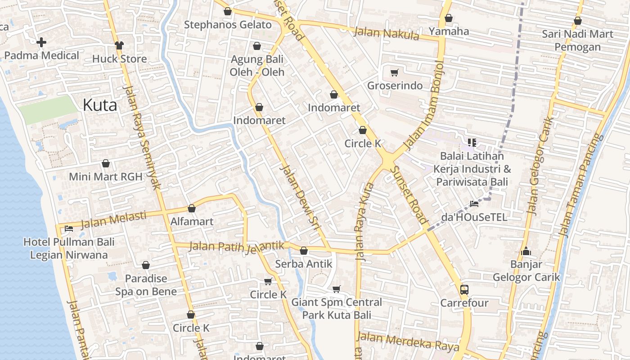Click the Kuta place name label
(100, 105)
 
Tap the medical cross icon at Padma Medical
(41, 42)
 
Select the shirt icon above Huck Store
(119, 45)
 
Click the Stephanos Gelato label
(228, 25)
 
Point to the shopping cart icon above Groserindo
(395, 72)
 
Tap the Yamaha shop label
(449, 31)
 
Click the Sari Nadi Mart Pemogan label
(577, 40)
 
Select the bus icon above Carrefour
(464, 289)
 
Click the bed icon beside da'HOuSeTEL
(474, 204)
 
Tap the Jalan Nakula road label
(387, 34)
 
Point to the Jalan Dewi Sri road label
(299, 198)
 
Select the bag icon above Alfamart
(192, 208)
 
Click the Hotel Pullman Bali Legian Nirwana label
(69, 248)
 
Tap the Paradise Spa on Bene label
(146, 285)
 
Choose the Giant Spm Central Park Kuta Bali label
(337, 308)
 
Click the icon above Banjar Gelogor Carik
(526, 252)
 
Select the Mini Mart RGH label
(105, 176)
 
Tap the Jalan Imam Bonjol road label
(424, 106)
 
